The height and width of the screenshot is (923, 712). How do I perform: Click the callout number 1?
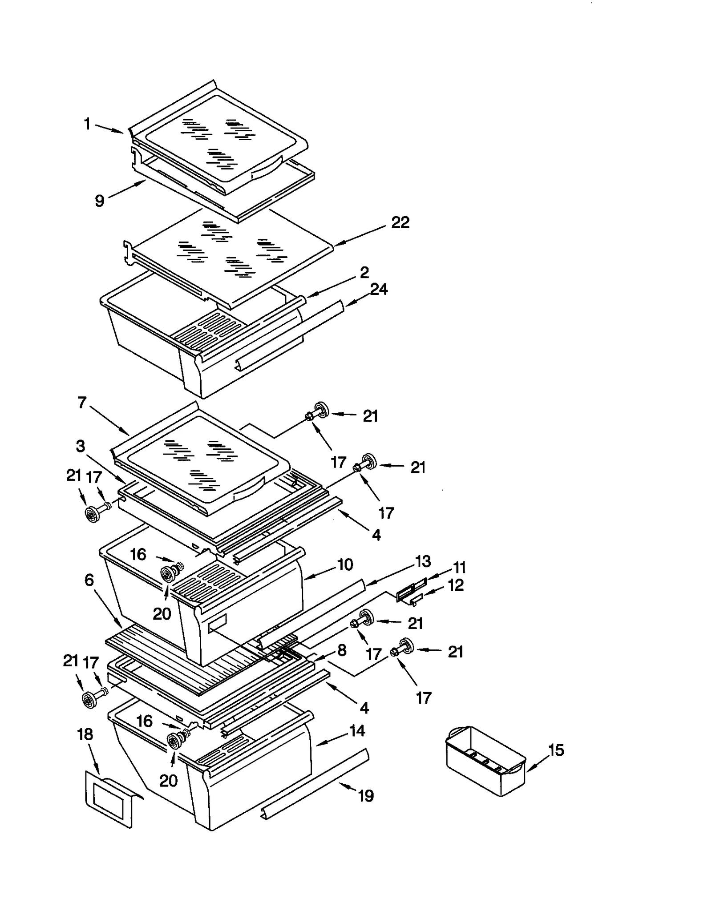(x=87, y=124)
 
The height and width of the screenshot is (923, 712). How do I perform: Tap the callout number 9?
(x=100, y=201)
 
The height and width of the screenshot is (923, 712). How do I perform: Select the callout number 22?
(x=400, y=222)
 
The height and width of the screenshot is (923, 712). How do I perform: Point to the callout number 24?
(x=379, y=290)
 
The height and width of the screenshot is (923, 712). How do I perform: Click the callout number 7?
(x=82, y=403)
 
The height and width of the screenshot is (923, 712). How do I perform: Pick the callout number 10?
(x=345, y=564)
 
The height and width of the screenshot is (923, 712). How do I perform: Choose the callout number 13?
(x=423, y=561)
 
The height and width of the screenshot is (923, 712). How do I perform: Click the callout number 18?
(x=85, y=734)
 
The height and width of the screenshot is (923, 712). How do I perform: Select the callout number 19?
(x=366, y=796)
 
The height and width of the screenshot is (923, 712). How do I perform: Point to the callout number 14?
(x=357, y=731)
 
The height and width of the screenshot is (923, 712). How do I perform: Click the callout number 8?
(x=342, y=651)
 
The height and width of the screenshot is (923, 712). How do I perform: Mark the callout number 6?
(x=89, y=580)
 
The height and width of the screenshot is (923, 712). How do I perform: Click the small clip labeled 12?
(x=415, y=600)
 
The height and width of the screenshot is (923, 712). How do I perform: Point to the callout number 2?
(x=364, y=272)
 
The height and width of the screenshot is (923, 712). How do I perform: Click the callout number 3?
(x=80, y=446)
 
